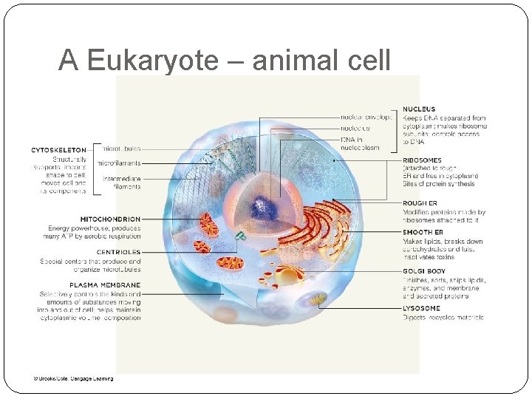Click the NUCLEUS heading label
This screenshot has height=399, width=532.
point(419,109)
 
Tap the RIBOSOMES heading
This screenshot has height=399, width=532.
point(423,160)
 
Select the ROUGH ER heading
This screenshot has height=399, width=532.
point(420,202)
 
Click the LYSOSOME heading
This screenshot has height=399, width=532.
point(421,308)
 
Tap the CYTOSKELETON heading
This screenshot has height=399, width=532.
point(58,149)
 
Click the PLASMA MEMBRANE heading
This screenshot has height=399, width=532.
point(104,285)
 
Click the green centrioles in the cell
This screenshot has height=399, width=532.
point(241,236)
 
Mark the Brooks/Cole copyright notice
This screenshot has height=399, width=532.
point(73,378)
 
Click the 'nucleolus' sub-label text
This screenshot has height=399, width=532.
point(355,127)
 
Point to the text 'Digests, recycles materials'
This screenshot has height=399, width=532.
point(443,318)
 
